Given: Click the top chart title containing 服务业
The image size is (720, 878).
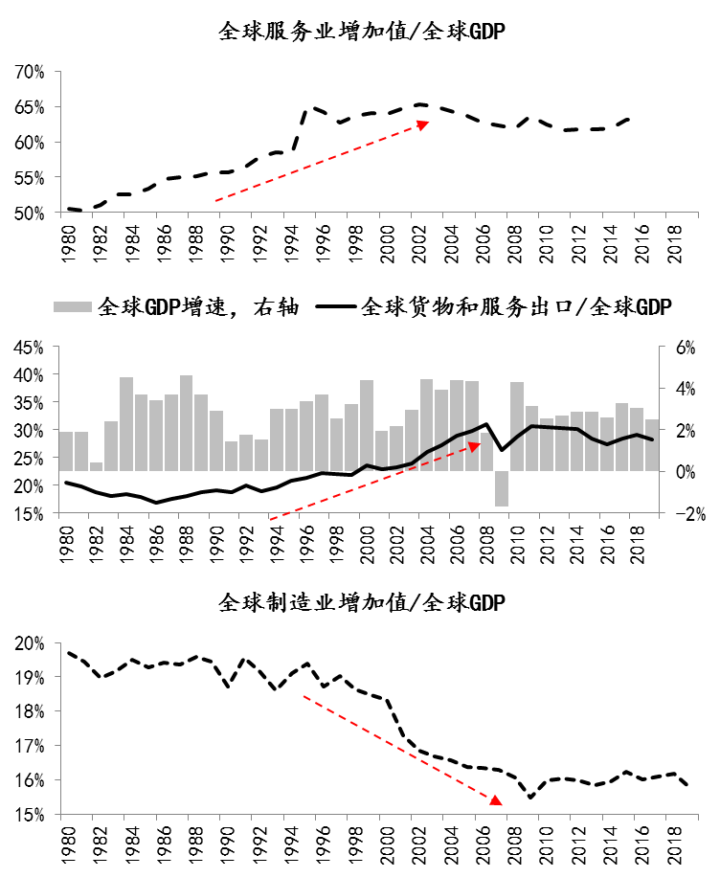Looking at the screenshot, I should coord(361,32).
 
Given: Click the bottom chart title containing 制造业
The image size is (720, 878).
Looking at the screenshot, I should coord(361,603).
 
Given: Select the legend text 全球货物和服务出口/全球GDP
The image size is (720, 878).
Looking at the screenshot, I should coord(516,307).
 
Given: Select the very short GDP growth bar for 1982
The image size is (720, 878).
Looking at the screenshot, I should coord(96,466).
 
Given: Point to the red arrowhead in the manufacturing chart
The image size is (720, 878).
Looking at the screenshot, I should coord(496,799).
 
